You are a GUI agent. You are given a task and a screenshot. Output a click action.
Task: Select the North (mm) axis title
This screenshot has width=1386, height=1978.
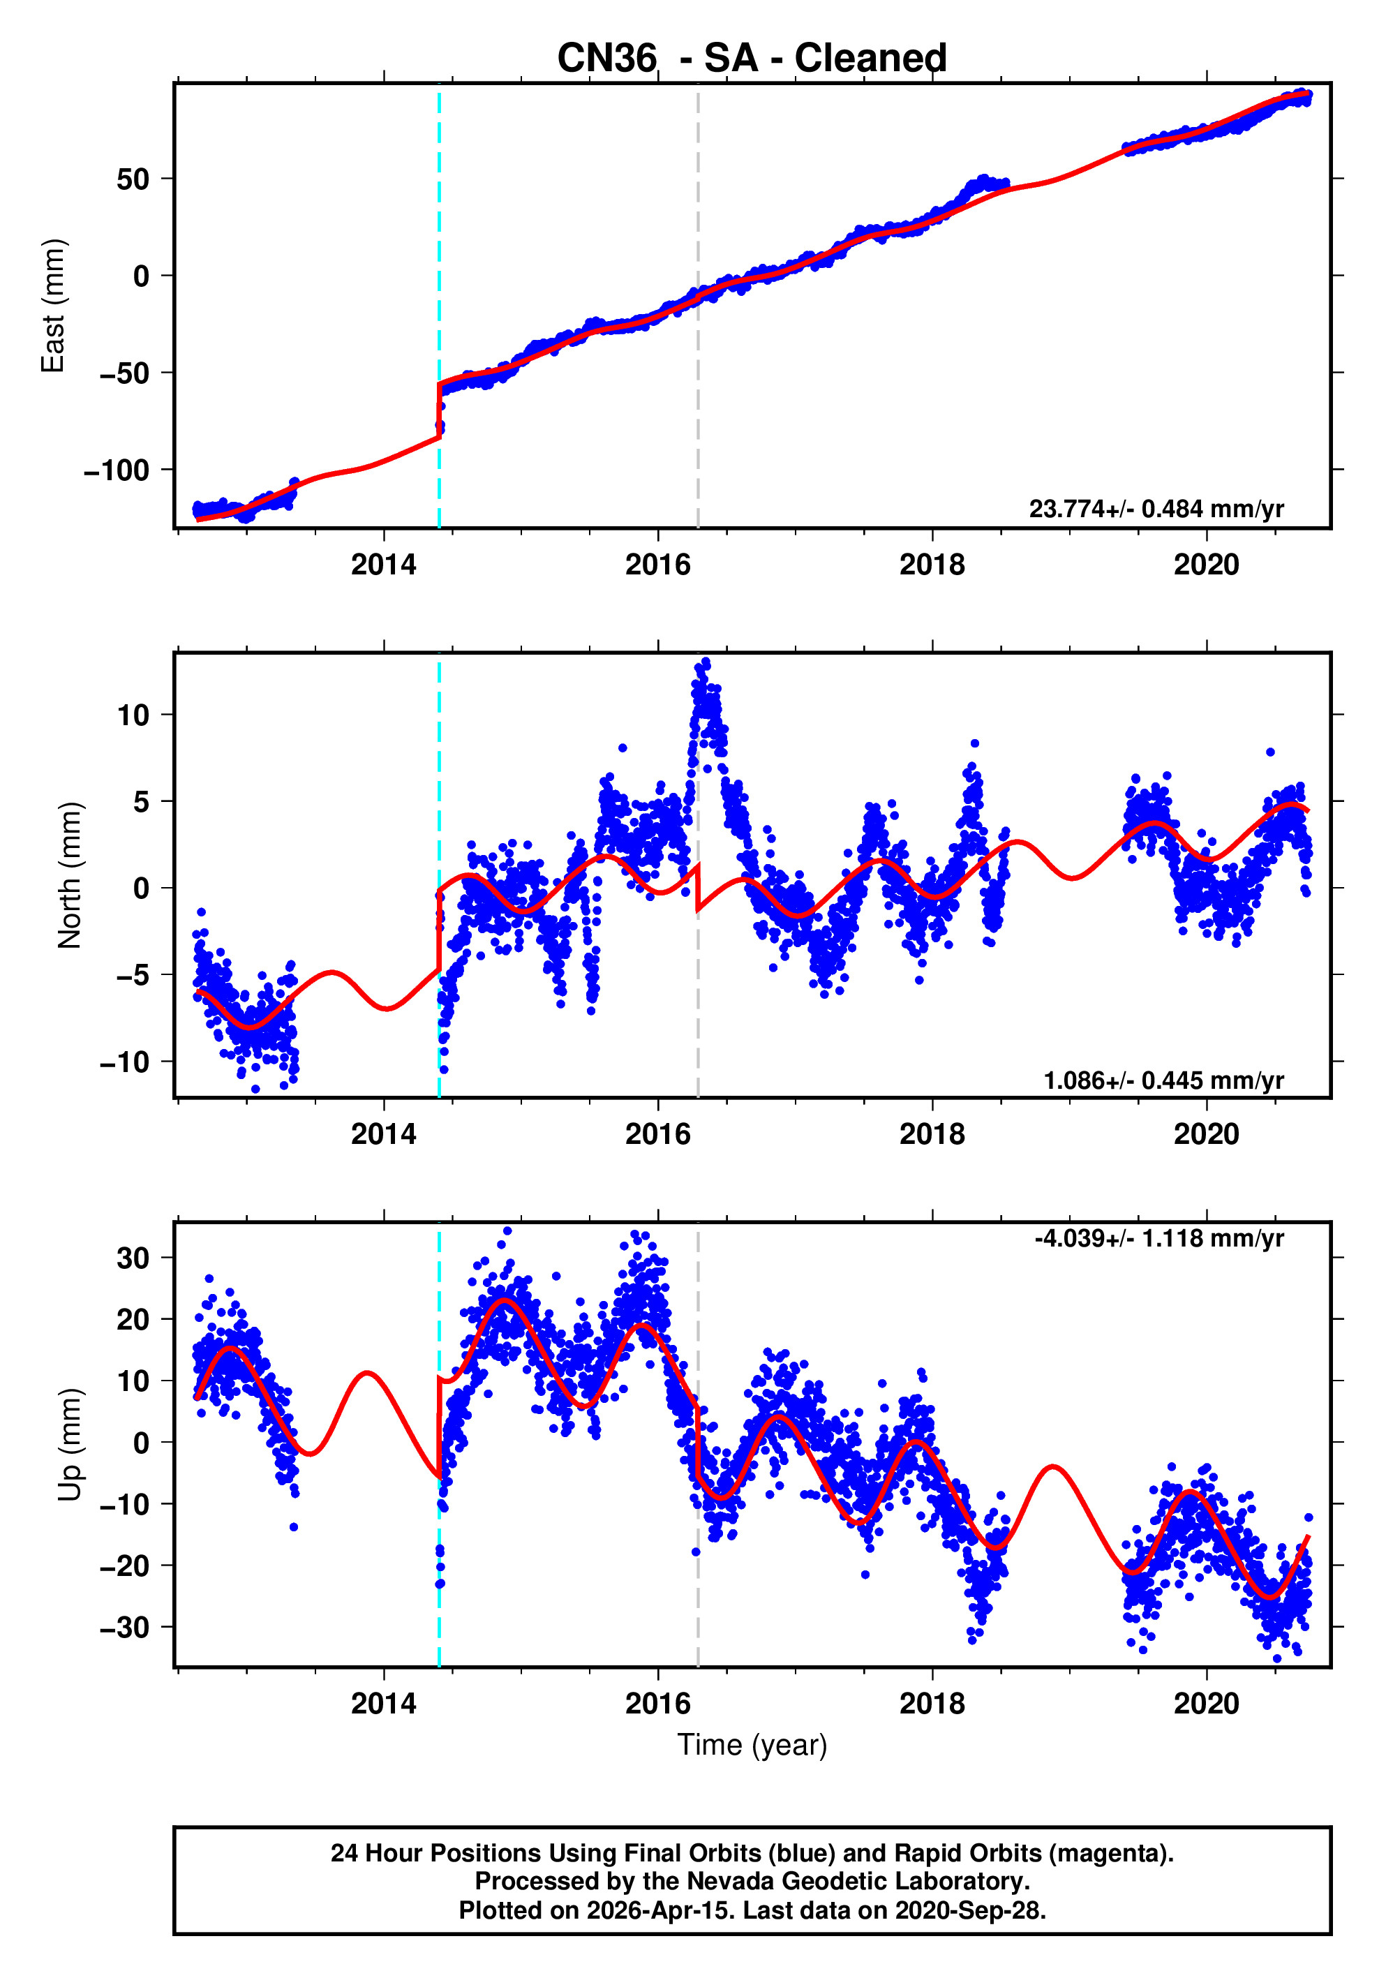(70, 875)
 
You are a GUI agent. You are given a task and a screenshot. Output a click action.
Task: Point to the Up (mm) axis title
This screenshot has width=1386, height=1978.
(70, 1444)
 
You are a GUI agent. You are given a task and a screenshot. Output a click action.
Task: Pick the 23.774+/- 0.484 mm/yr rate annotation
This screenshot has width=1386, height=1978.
(1155, 509)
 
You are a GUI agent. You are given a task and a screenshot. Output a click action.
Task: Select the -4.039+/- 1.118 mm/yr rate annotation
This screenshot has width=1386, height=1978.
(1158, 1239)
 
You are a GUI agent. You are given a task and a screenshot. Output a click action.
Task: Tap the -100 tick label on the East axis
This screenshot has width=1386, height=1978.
(117, 470)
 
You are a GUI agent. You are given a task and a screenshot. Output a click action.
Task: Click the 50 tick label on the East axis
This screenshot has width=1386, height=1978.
(133, 179)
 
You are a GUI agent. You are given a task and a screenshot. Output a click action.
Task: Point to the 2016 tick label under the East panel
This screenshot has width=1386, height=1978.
(657, 565)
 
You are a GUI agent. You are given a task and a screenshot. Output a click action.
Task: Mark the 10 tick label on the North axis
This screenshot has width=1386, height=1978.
(133, 715)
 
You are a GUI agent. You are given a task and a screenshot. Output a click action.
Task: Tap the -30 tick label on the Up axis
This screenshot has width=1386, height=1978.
(124, 1628)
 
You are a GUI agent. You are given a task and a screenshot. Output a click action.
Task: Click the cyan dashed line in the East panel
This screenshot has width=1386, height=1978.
(439, 258)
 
